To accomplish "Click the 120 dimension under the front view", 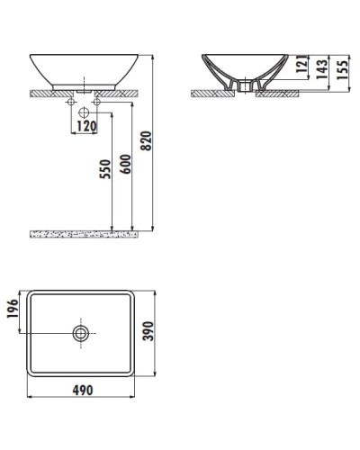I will point(85,126).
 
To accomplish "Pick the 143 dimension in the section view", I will point(320,68).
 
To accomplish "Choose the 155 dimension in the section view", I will point(342,68).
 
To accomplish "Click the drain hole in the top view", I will point(82,333).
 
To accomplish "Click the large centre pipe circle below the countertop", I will point(84,112).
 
